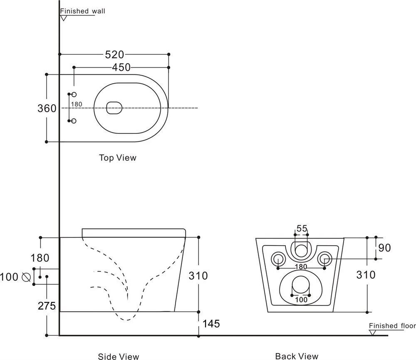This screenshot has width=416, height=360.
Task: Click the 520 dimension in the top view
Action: click(114, 54)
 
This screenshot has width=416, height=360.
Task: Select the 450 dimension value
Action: click(121, 67)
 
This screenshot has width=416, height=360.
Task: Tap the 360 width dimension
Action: click(47, 108)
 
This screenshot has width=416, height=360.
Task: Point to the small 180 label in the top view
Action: click(77, 104)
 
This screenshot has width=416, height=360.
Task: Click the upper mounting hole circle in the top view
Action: click(74, 95)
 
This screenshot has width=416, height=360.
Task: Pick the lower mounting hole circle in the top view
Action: click(74, 121)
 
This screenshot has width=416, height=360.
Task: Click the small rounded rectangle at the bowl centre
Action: click(114, 108)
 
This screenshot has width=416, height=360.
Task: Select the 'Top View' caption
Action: click(117, 158)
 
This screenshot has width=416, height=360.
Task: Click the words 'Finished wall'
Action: click(82, 11)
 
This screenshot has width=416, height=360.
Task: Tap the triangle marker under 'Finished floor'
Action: click(373, 333)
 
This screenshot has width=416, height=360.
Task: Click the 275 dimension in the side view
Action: click(47, 306)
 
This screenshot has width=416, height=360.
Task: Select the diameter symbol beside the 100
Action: click(26, 276)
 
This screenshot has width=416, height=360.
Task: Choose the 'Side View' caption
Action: click(119, 356)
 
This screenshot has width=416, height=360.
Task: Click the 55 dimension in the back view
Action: click(302, 228)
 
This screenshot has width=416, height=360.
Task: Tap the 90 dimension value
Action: click(385, 248)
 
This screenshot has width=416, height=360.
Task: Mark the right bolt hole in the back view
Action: click(324, 259)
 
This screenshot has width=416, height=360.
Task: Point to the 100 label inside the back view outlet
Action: click(301, 299)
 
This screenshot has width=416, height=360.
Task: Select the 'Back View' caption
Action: click(297, 356)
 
